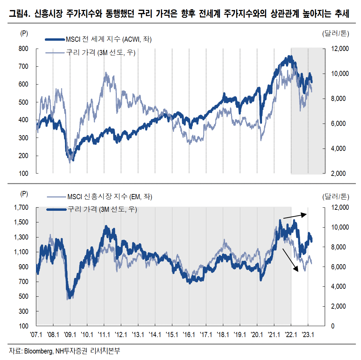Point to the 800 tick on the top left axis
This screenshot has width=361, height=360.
(23, 49)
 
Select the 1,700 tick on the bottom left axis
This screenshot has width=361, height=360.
(21, 207)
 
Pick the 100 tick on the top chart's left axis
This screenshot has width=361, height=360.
(23, 174)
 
